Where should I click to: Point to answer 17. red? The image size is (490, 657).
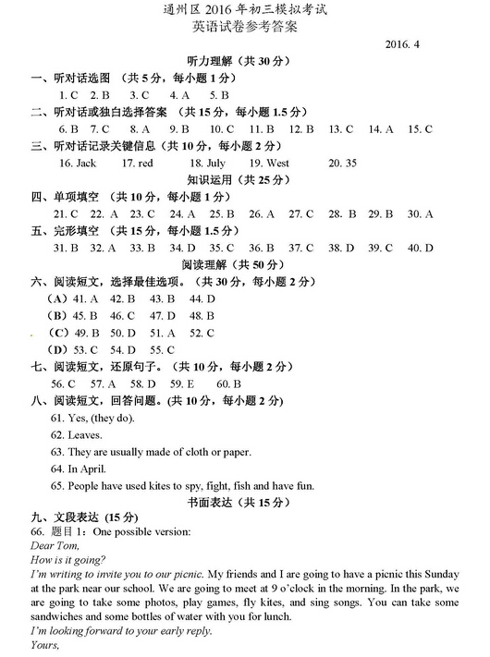point(138,163)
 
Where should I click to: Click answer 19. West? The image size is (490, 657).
point(269,163)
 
